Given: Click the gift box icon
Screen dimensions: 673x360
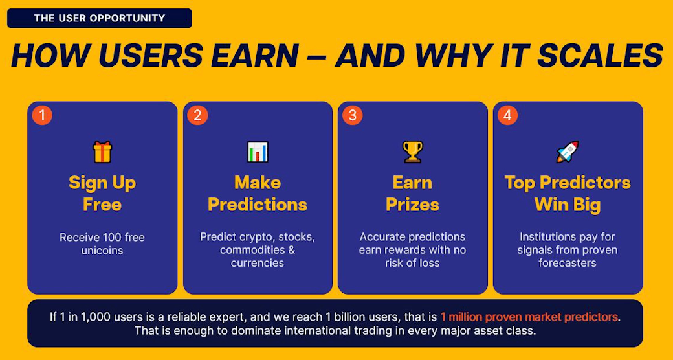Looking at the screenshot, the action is [102, 152].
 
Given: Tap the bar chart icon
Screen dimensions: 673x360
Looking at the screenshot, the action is [258, 152].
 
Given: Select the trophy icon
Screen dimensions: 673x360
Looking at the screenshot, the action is [412, 152].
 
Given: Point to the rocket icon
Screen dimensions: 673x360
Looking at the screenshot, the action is [568, 152].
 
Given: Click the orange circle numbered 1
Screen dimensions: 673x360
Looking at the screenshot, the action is [42, 115].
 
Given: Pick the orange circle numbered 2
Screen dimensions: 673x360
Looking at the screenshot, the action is [197, 115].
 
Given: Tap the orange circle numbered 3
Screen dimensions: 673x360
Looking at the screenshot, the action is [353, 115].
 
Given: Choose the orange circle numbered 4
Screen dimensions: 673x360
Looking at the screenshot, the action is [507, 115].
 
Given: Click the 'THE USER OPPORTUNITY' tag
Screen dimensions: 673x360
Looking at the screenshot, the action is [100, 18].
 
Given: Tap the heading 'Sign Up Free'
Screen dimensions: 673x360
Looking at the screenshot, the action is [102, 194].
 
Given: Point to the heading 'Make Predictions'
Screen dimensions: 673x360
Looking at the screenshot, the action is [258, 194].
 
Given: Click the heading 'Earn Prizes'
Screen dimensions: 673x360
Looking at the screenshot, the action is [412, 194].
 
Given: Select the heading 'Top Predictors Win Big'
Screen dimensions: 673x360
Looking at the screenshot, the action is [568, 194].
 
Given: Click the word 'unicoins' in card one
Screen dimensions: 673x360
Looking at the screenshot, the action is [102, 250].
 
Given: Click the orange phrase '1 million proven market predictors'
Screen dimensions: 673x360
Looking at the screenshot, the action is [530, 317].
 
